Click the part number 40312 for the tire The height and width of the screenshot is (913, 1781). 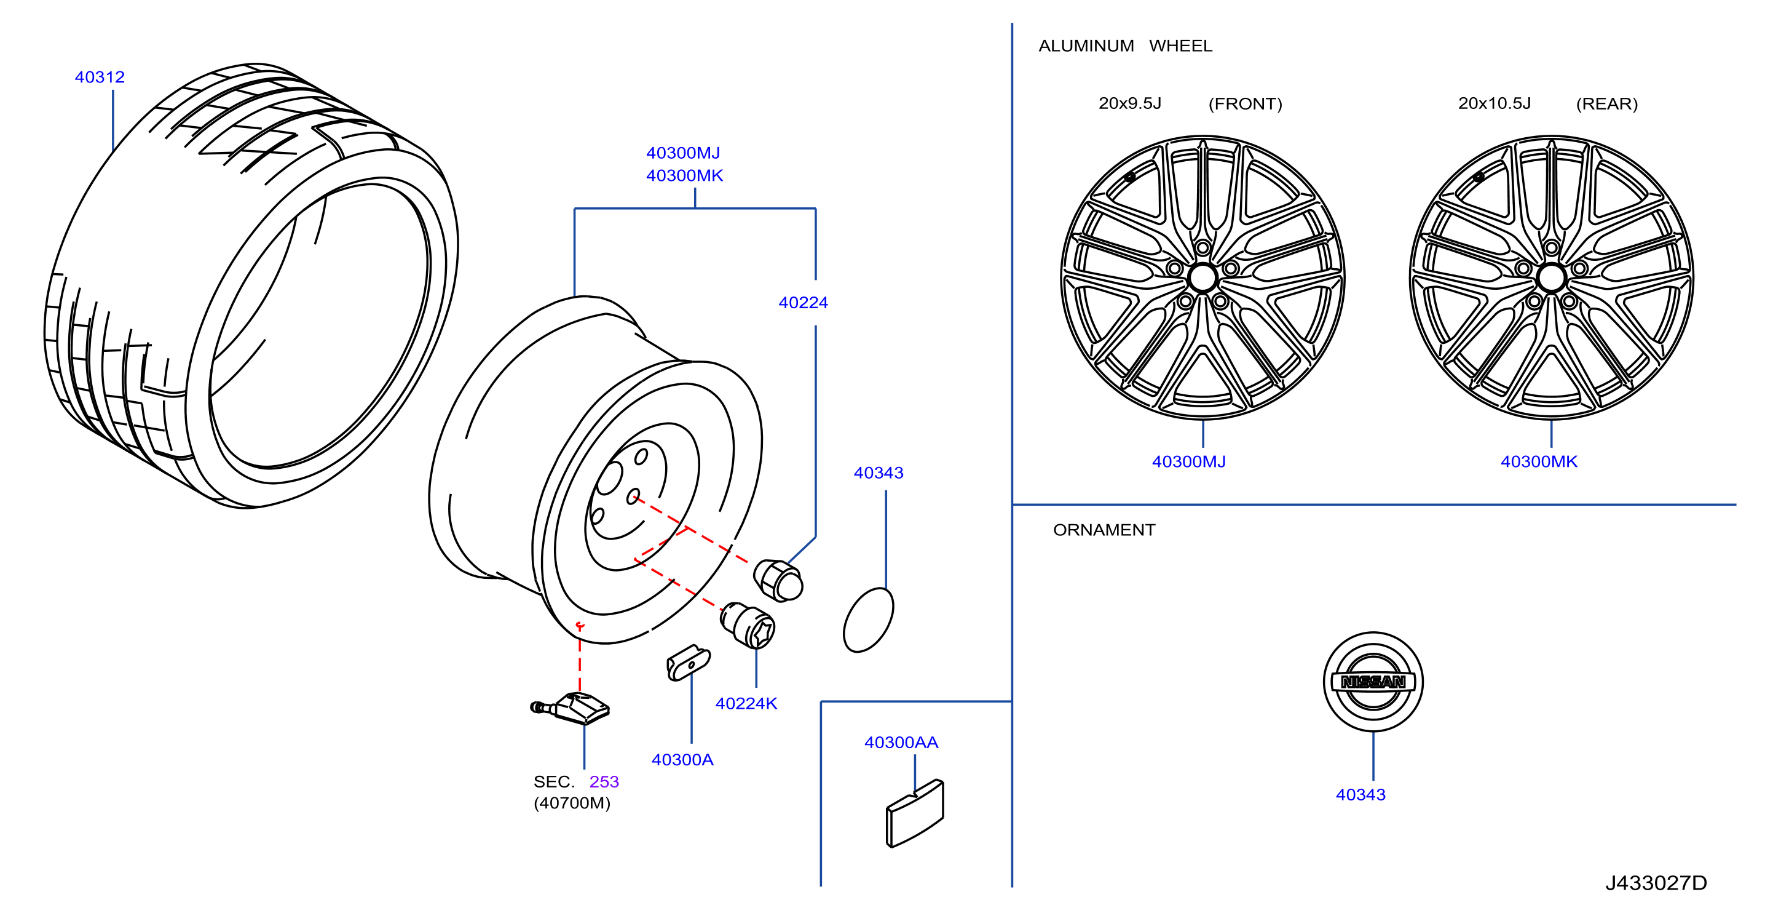pos(100,77)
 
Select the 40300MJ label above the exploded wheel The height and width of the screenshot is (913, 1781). pos(683,153)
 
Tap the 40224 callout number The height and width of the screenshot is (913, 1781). pos(804,302)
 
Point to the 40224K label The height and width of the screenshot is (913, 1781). pos(746,703)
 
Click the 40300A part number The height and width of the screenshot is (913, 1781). pos(682,759)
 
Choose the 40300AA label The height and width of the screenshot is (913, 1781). pos(901,742)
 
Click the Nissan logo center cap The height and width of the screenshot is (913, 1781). pos(1373,681)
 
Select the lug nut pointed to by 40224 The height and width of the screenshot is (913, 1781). pos(778,580)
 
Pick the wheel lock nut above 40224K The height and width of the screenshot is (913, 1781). pos(748,624)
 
